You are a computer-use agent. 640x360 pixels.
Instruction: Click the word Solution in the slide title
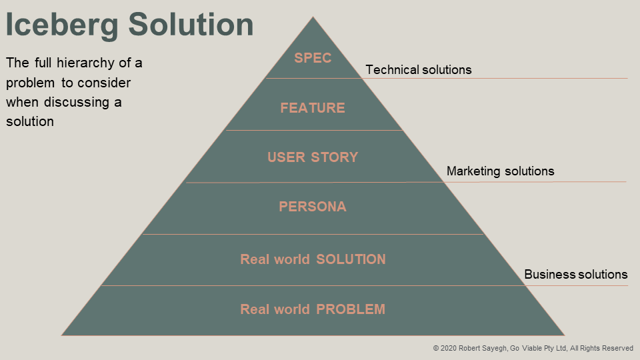(191, 25)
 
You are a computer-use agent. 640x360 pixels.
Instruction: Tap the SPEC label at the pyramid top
(313, 58)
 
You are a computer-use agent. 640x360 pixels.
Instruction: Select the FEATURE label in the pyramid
(313, 108)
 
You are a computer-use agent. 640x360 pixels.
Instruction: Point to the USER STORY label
(313, 157)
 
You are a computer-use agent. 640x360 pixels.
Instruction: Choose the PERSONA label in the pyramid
(313, 207)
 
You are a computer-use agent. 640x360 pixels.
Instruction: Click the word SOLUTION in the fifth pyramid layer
(351, 259)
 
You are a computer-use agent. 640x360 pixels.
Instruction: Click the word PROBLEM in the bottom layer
(351, 309)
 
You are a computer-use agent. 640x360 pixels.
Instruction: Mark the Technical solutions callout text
(419, 70)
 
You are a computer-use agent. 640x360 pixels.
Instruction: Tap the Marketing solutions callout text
(500, 171)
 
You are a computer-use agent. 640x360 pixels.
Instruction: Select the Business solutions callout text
(576, 275)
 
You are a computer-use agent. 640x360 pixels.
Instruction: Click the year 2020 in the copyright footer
(449, 348)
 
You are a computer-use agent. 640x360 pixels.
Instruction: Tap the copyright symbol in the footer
(436, 348)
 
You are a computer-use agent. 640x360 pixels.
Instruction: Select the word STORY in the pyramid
(336, 157)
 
